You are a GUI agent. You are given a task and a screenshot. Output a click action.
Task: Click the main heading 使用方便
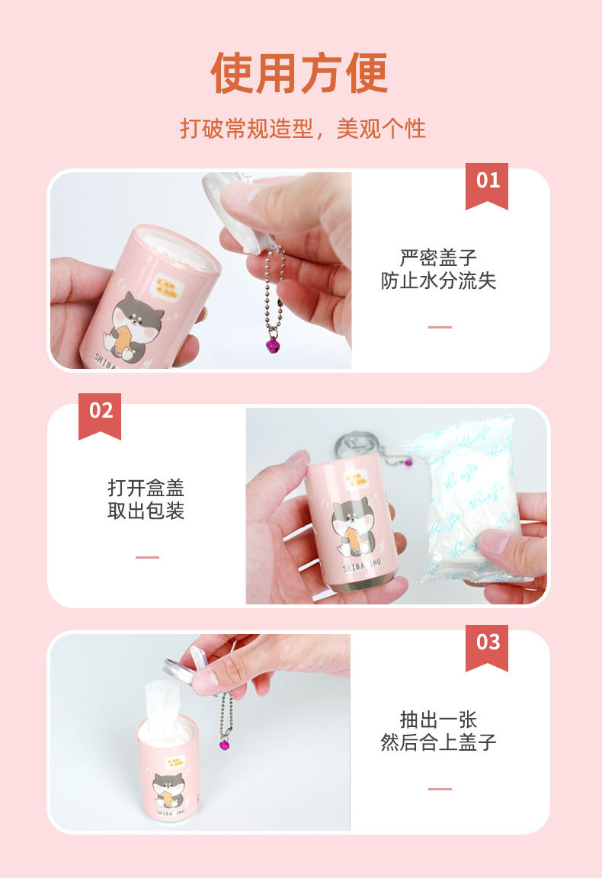(x=299, y=73)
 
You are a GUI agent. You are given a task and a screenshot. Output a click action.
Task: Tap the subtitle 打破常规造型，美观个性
(x=303, y=128)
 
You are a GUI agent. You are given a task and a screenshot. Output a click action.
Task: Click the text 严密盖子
(x=438, y=257)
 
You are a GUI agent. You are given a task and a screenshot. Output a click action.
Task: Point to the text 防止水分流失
(x=438, y=280)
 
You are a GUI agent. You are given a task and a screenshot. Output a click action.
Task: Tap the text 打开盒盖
(x=146, y=487)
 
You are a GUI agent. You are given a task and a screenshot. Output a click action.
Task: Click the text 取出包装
(x=146, y=511)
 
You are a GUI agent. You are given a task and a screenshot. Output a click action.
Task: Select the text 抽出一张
(x=438, y=719)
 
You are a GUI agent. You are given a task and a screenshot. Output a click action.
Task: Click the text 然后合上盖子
(x=438, y=742)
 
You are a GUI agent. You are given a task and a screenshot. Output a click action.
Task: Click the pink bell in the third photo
(x=225, y=744)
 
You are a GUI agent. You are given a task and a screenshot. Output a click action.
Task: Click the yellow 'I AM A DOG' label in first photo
(x=170, y=288)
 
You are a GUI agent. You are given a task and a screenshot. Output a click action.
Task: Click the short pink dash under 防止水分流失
(x=440, y=327)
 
